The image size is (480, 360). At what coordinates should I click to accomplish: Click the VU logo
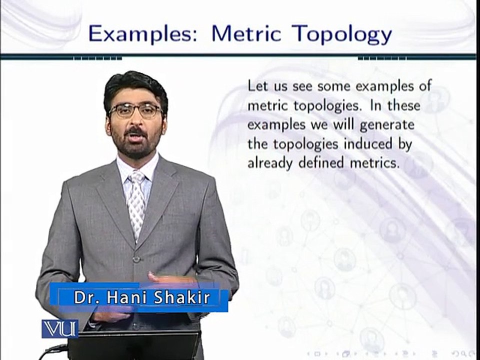click(x=59, y=328)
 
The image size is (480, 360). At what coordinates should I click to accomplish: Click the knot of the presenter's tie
click(x=136, y=177)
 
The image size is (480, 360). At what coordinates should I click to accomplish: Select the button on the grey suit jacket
click(x=135, y=259)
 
